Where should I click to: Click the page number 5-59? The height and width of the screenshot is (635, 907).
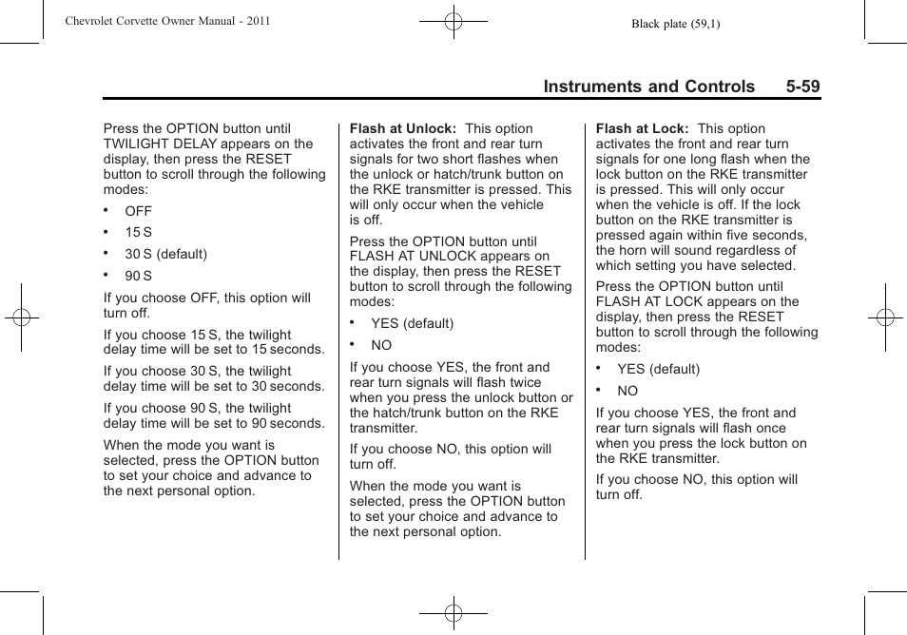pos(802,87)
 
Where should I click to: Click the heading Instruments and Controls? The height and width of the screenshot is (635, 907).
pos(649,87)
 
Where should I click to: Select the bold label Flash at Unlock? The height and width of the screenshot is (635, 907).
pos(403,128)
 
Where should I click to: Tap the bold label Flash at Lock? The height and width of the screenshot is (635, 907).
pos(642,128)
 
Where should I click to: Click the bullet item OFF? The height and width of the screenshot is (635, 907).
pos(138,211)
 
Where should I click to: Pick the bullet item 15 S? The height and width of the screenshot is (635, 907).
pos(138,232)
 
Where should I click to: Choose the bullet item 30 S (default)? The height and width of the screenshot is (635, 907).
pos(165,254)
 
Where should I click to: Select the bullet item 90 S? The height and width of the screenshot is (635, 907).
pos(138,276)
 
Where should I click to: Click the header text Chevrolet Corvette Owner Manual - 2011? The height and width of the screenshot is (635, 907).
pos(167,21)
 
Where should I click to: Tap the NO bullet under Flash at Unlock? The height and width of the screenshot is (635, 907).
pos(381,345)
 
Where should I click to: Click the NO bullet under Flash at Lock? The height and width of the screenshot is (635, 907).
pos(627,391)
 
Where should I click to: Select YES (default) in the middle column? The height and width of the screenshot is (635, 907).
pos(412,323)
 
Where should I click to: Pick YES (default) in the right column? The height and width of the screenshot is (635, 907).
pos(658,369)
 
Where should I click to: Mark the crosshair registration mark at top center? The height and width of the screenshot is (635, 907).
pos(453,20)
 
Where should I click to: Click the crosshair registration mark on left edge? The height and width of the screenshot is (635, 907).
pos(20,317)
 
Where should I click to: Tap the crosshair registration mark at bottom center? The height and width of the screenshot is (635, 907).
pos(453,613)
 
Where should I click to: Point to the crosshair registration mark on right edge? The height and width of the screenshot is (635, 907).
pos(884,317)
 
